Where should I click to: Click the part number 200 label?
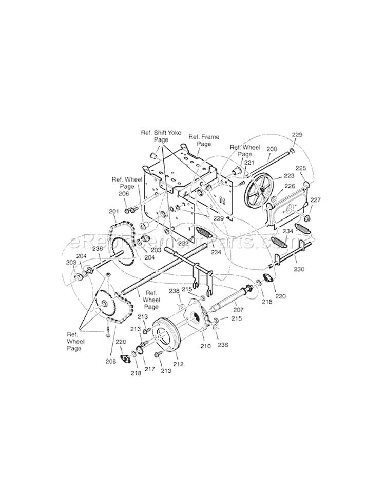[x=272, y=149]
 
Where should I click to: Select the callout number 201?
[x=113, y=211]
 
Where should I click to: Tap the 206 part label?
[x=123, y=194]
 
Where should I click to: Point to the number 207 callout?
[x=239, y=310]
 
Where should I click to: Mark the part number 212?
[x=178, y=365]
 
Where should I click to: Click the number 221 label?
[x=249, y=162]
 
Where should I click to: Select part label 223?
[x=289, y=175]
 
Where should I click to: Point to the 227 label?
[x=315, y=200]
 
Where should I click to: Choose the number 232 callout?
[x=183, y=229]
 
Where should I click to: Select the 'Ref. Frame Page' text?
[x=204, y=140]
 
